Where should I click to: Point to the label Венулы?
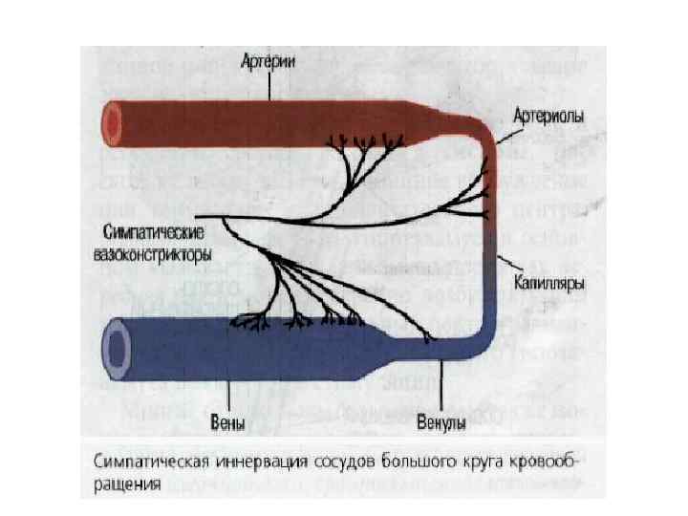[x=442, y=421]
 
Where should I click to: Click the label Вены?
[x=228, y=421]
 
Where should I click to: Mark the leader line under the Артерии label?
[x=272, y=84]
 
